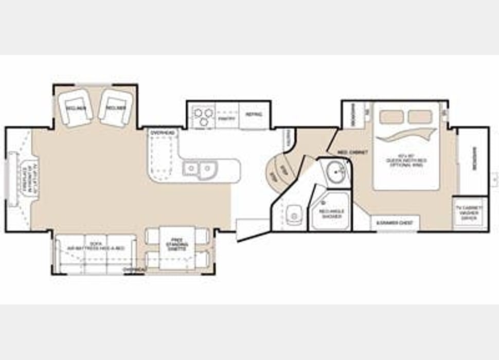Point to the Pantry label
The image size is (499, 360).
click(226, 118)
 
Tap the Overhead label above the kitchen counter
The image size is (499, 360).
click(162, 133)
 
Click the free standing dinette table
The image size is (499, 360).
click(177, 247)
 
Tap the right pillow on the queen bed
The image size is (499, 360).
click(420, 117)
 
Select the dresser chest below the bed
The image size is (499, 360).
click(395, 223)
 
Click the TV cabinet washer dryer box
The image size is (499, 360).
click(470, 213)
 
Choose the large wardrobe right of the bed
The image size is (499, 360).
click(473, 159)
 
